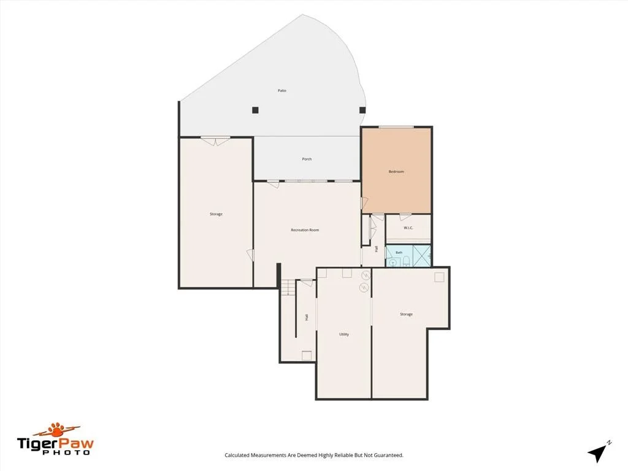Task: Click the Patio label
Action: click(282, 91)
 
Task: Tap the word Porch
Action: click(307, 159)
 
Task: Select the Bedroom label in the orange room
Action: click(396, 172)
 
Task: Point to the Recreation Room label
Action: click(305, 231)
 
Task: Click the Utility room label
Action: click(343, 334)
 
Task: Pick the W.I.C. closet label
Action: click(408, 228)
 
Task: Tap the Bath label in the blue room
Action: click(399, 253)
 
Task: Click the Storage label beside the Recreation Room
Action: click(216, 214)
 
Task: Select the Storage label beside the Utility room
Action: click(406, 315)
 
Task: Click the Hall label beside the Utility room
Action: click(307, 317)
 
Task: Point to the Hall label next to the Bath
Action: click(377, 249)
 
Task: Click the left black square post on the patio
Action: click(255, 110)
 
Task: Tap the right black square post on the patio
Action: click(362, 110)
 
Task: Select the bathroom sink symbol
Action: click(393, 262)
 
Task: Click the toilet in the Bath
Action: click(406, 262)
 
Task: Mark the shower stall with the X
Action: click(421, 256)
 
